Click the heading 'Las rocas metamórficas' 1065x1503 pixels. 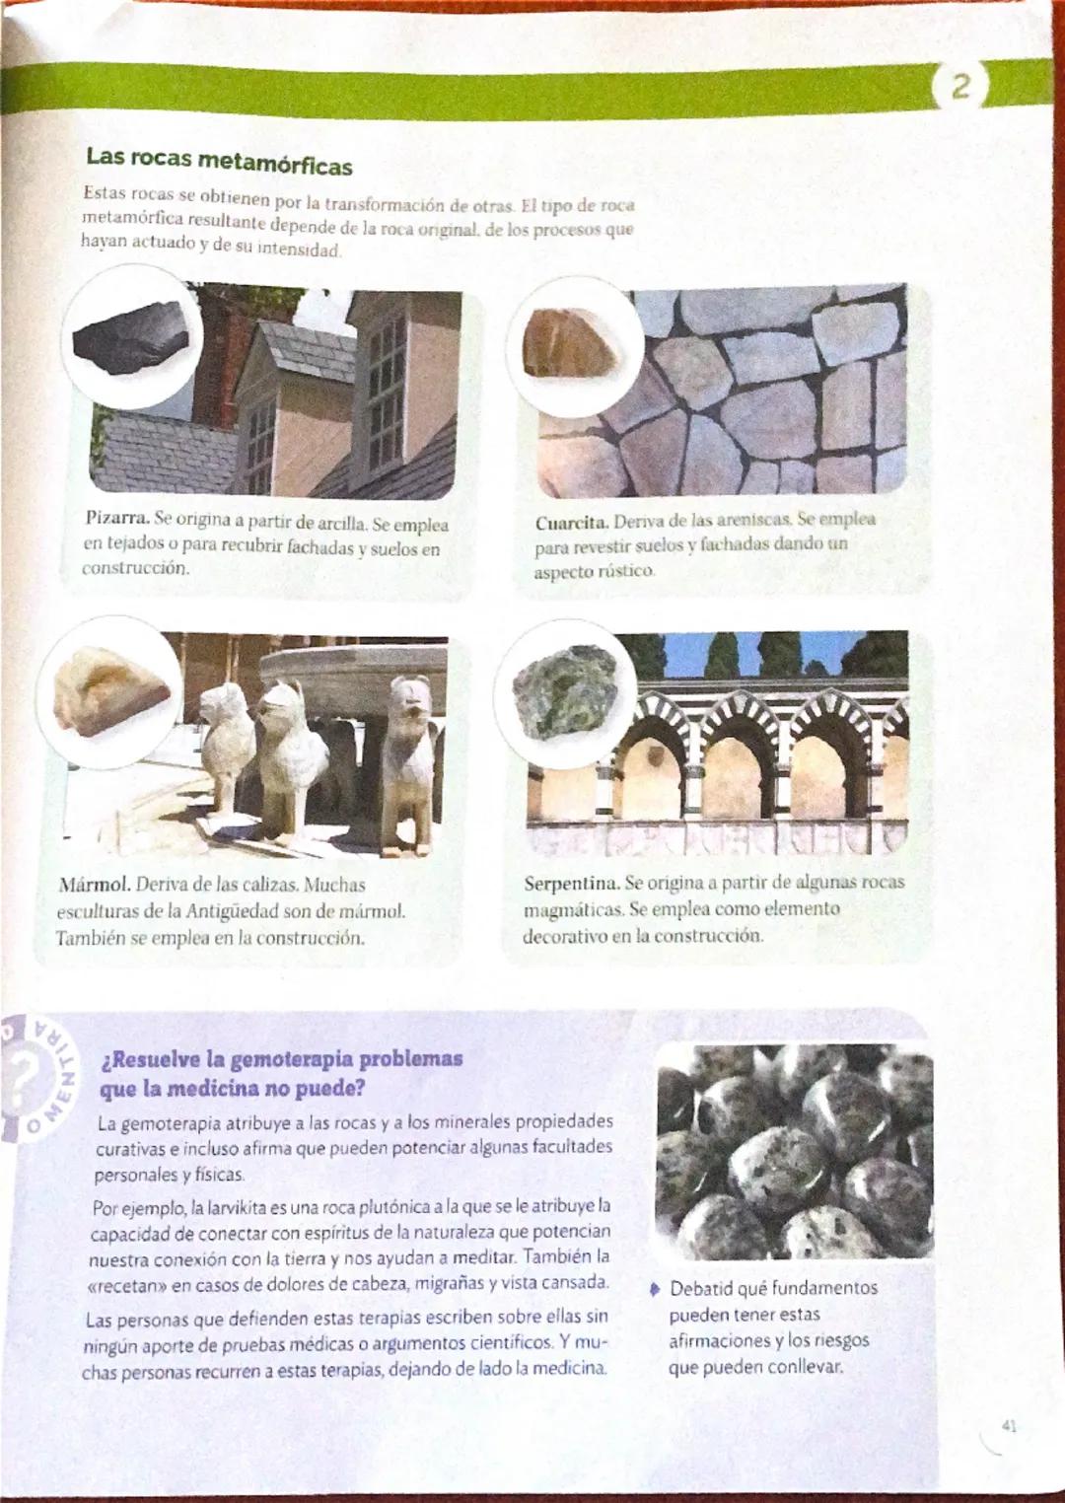219,161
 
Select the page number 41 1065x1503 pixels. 1008,1425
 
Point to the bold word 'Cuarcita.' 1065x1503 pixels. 571,522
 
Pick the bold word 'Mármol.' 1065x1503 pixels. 95,885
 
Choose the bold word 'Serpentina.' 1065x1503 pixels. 572,883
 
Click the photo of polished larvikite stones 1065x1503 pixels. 794,1150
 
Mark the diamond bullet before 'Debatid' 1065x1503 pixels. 654,1289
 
